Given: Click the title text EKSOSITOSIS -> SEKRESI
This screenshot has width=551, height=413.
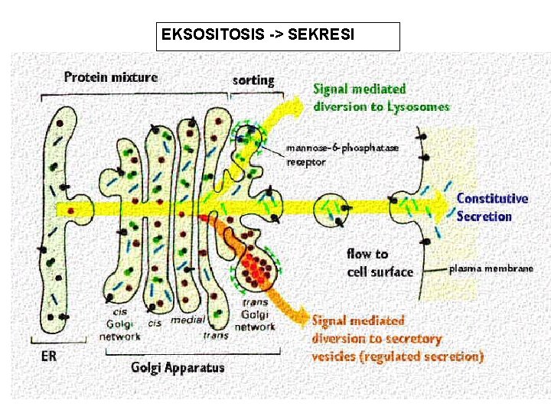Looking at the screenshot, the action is pyautogui.click(x=258, y=35).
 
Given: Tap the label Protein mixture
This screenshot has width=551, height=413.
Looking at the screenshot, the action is pyautogui.click(x=110, y=76).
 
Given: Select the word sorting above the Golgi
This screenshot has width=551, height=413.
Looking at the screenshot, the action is pyautogui.click(x=253, y=80).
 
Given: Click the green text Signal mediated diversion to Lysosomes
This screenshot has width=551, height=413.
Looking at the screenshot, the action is pyautogui.click(x=380, y=98).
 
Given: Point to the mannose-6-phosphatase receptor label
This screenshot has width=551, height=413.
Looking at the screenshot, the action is pyautogui.click(x=342, y=154).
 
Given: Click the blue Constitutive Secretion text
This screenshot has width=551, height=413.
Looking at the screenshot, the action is pyautogui.click(x=492, y=207).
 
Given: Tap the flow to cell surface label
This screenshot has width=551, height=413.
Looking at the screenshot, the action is pyautogui.click(x=380, y=262).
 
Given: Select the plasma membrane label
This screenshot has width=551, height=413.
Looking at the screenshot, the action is pyautogui.click(x=491, y=268).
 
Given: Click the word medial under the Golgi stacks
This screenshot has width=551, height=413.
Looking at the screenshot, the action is pyautogui.click(x=187, y=319).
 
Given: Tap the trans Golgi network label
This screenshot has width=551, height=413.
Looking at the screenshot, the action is pyautogui.click(x=255, y=316).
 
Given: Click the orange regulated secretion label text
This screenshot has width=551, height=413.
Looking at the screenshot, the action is pyautogui.click(x=396, y=338).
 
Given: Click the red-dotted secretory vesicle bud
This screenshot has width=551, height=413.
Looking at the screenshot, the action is pyautogui.click(x=259, y=269).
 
